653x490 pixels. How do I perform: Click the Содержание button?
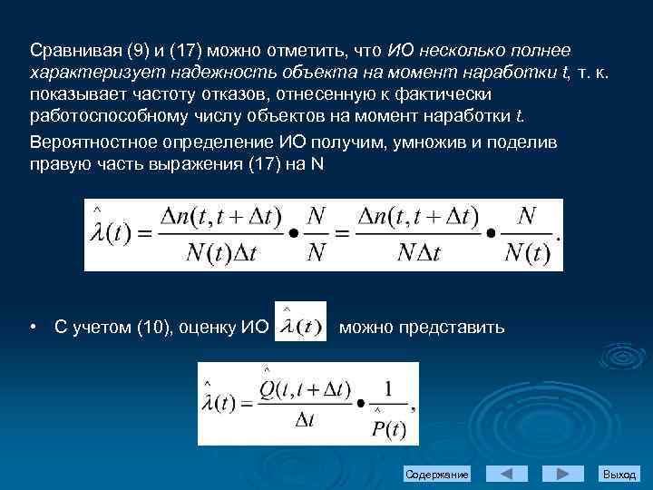[437, 475]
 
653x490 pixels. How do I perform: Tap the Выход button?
[619, 475]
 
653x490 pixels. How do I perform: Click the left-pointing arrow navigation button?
[506, 474]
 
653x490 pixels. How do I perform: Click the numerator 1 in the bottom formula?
[389, 387]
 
